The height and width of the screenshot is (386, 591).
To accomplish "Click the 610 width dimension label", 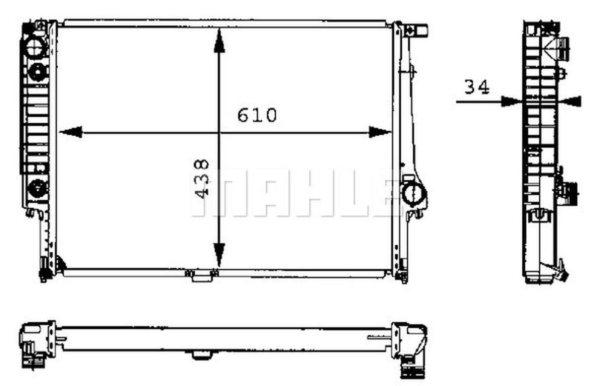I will click(x=257, y=115).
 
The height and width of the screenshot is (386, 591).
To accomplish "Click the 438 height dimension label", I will click(x=202, y=179).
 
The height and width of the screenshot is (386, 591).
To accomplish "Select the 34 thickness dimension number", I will click(x=476, y=87).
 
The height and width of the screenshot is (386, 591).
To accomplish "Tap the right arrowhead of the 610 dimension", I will click(x=380, y=133).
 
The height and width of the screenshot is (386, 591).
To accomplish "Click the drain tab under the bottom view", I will click(x=201, y=355).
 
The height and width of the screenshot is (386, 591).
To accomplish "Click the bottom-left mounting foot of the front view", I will click(x=45, y=274).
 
